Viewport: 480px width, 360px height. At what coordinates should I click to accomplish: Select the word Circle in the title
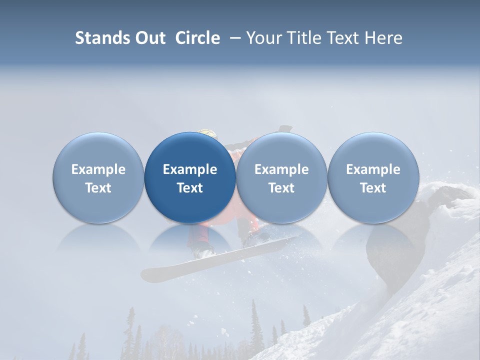[x=197, y=38]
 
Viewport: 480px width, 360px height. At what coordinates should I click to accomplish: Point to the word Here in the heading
[x=383, y=38]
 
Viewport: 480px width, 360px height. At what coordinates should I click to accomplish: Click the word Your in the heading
[x=264, y=38]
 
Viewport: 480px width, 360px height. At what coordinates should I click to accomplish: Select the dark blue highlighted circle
[x=190, y=177]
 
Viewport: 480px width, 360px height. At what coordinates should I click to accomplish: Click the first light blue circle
[x=98, y=177]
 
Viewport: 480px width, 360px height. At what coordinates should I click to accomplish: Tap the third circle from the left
[x=281, y=177]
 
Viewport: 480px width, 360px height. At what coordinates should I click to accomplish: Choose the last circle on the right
[x=373, y=177]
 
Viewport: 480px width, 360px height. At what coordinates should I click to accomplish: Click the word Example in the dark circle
[x=190, y=169]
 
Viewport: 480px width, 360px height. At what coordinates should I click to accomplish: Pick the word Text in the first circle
[x=98, y=188]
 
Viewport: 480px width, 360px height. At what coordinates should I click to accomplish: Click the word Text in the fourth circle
[x=373, y=188]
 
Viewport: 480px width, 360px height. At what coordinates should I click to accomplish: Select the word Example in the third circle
[x=281, y=169]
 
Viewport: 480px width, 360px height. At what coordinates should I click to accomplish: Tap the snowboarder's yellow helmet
[x=208, y=133]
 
